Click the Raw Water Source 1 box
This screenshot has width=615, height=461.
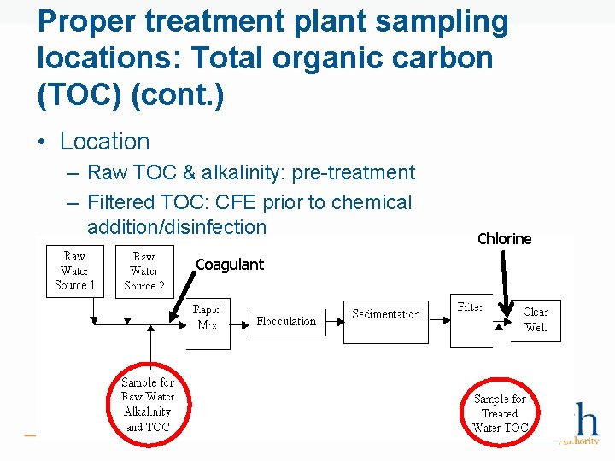tap(74, 271)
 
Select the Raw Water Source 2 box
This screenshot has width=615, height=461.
tap(143, 271)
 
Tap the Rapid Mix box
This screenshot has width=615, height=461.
tap(208, 318)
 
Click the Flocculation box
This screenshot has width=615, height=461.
tap(286, 322)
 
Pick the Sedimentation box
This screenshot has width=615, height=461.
tap(386, 320)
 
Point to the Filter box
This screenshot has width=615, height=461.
tap(471, 320)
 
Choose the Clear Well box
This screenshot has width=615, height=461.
tap(536, 319)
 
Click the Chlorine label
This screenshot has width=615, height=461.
tap(504, 239)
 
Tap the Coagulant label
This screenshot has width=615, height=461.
tap(230, 265)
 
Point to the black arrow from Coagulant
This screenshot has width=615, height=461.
tap(181, 298)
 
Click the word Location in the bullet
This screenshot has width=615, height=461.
tap(104, 142)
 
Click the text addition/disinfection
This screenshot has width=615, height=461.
tap(177, 227)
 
